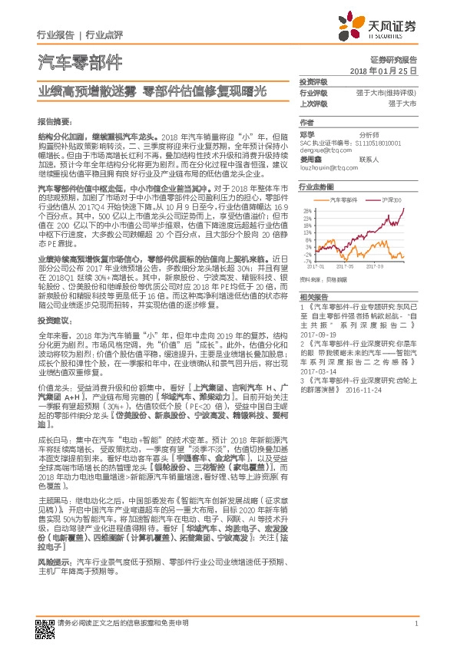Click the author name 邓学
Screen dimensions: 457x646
306,133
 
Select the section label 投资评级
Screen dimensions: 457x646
313,82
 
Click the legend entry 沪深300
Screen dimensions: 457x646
391,199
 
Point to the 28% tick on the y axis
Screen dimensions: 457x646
306,209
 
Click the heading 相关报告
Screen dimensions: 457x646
313,296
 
